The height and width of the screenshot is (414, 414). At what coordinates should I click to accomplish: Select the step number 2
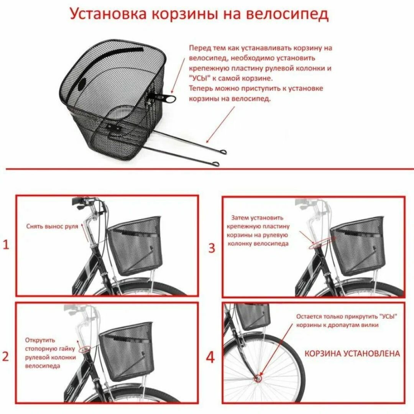6,356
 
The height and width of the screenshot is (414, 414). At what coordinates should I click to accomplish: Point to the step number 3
212,248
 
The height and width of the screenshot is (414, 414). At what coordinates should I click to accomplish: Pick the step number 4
210,358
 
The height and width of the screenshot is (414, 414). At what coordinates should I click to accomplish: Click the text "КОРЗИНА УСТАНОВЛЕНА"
352,353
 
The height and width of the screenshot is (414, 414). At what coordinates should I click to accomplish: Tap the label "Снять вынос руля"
52,226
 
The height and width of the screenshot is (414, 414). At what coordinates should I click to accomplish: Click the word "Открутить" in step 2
40,340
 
